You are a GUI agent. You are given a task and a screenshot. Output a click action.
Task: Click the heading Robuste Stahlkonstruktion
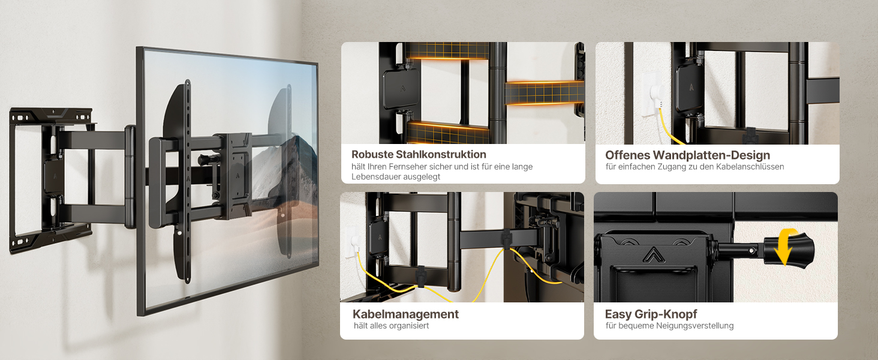pyautogui.click(x=419, y=155)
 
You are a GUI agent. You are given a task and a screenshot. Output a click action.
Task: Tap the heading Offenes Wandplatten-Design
pyautogui.click(x=687, y=155)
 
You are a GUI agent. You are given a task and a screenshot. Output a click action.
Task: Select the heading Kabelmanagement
pyautogui.click(x=405, y=314)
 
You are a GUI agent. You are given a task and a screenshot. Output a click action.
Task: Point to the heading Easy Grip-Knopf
pyautogui.click(x=651, y=314)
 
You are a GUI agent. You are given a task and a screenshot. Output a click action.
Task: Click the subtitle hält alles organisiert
pyautogui.click(x=391, y=325)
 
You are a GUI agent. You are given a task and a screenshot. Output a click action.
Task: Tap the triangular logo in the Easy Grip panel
pyautogui.click(x=654, y=254)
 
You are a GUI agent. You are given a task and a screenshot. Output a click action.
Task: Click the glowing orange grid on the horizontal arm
pyautogui.click(x=544, y=94)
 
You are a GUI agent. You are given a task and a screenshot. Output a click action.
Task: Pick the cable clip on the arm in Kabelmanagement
pyautogui.click(x=507, y=239)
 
